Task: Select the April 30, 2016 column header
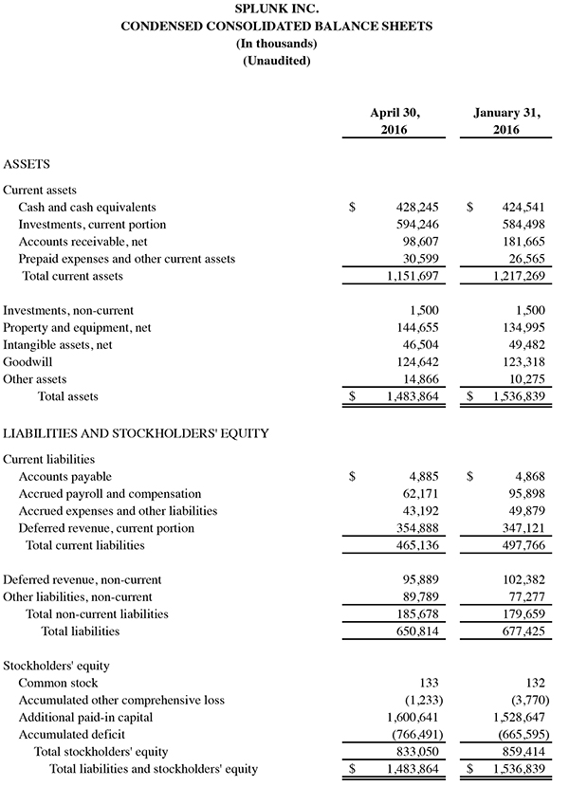(394, 120)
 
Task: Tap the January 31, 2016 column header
(506, 120)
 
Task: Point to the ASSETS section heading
(28, 163)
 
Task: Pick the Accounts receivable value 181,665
(522, 242)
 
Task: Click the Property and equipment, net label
(77, 327)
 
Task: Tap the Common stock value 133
(428, 683)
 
